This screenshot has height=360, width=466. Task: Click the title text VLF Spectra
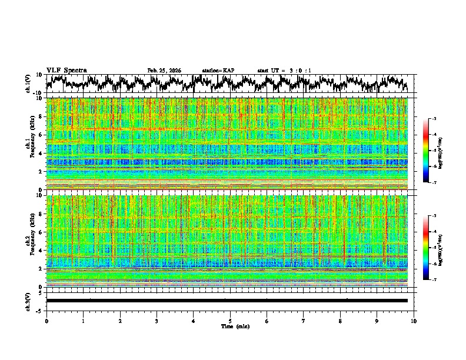click(66, 70)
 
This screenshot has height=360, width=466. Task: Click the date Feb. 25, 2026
click(164, 71)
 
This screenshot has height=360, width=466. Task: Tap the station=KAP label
click(218, 71)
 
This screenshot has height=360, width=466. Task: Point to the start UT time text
click(284, 71)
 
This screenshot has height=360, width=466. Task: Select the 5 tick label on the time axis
click(230, 321)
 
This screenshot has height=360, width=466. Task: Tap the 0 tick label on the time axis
click(46, 321)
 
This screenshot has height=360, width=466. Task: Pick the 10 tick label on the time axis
click(414, 321)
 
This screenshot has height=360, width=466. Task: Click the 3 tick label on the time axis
click(157, 321)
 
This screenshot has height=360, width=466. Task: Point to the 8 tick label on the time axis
click(340, 321)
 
